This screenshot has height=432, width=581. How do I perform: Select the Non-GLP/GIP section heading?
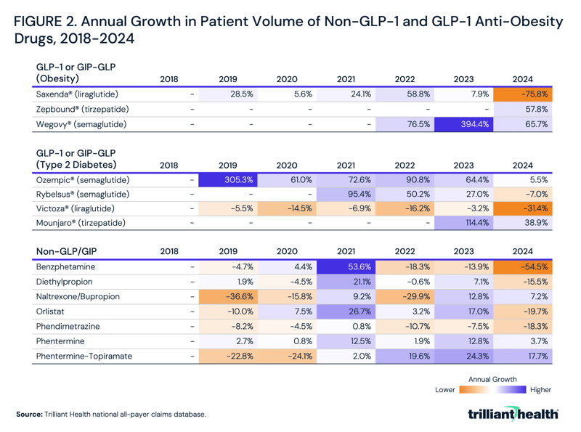click(x=69, y=251)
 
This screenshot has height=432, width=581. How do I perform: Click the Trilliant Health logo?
click(x=514, y=414)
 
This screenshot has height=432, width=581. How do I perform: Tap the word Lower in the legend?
click(x=445, y=390)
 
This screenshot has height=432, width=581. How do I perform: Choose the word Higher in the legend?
click(x=541, y=390)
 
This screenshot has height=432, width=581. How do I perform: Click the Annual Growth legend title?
click(x=493, y=379)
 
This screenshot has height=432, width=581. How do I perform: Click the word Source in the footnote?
click(x=28, y=414)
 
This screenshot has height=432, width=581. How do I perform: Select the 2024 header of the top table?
click(x=523, y=79)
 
